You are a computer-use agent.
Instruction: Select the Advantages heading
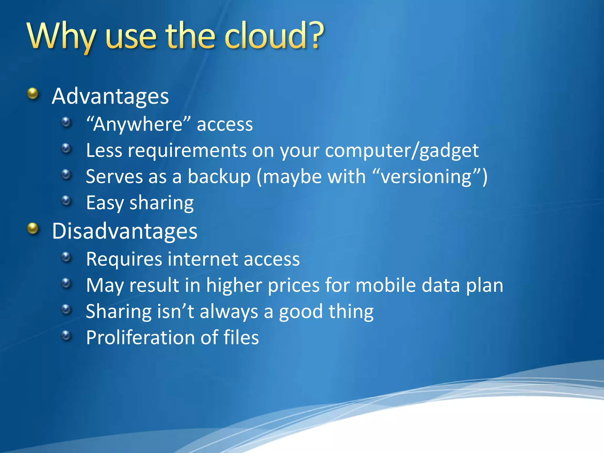(110, 96)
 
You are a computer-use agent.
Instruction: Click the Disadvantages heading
(124, 231)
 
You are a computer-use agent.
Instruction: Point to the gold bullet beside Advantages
(33, 94)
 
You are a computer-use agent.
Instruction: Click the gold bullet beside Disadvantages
(33, 229)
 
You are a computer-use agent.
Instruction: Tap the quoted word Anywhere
(138, 124)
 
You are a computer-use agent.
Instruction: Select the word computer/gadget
(402, 151)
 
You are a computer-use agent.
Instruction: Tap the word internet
(203, 259)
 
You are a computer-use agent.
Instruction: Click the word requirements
(187, 151)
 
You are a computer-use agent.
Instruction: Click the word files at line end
(241, 337)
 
